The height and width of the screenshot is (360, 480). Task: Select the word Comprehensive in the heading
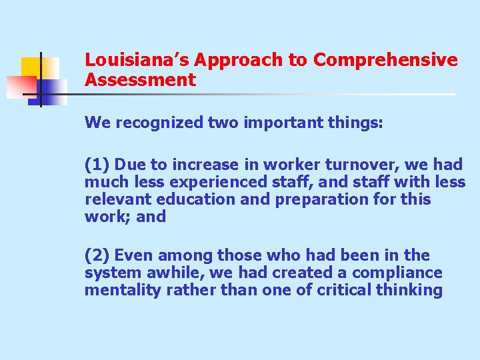(x=386, y=60)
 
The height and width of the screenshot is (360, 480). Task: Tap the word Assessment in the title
(x=140, y=81)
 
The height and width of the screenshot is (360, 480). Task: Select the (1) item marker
(x=97, y=165)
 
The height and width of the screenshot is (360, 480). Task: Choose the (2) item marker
(x=97, y=255)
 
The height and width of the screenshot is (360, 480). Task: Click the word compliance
(x=397, y=273)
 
